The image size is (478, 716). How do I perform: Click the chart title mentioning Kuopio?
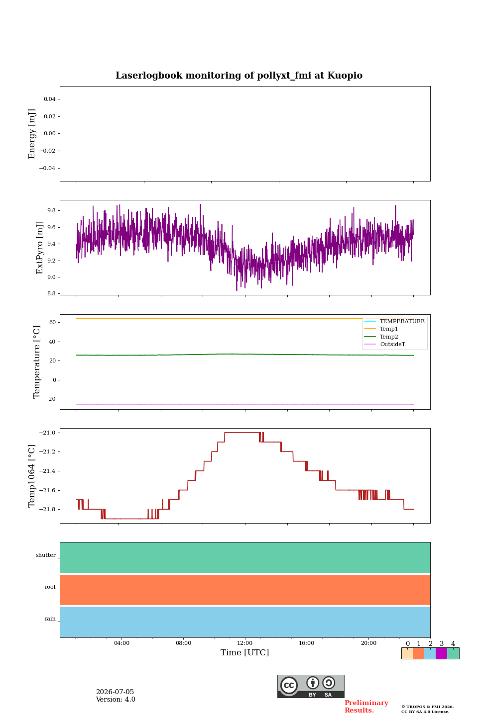click(x=239, y=76)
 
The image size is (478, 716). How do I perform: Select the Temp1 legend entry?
click(x=389, y=329)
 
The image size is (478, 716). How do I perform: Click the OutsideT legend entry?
click(x=392, y=344)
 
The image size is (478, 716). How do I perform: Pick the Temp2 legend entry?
click(x=389, y=337)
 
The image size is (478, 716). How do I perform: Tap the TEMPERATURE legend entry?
click(x=402, y=321)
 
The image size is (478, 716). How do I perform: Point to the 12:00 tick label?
click(x=245, y=643)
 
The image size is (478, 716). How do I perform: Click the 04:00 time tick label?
click(x=121, y=643)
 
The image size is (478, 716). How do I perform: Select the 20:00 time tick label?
click(x=369, y=643)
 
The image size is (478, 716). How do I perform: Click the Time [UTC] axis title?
click(x=244, y=652)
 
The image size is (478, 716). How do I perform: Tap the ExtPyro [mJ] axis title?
click(x=39, y=248)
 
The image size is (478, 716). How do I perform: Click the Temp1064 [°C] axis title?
click(x=31, y=476)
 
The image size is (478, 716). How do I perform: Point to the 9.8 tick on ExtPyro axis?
click(x=52, y=211)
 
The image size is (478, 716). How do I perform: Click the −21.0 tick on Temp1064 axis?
click(x=47, y=433)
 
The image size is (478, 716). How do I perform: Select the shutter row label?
click(x=46, y=555)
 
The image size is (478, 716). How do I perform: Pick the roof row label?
click(x=50, y=587)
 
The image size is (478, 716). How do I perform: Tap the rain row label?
click(x=50, y=619)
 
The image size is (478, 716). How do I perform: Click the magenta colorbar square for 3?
click(x=442, y=653)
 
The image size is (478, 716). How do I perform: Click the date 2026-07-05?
click(x=115, y=692)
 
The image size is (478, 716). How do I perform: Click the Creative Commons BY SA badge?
click(x=311, y=686)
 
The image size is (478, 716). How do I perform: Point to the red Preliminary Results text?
click(x=366, y=707)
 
